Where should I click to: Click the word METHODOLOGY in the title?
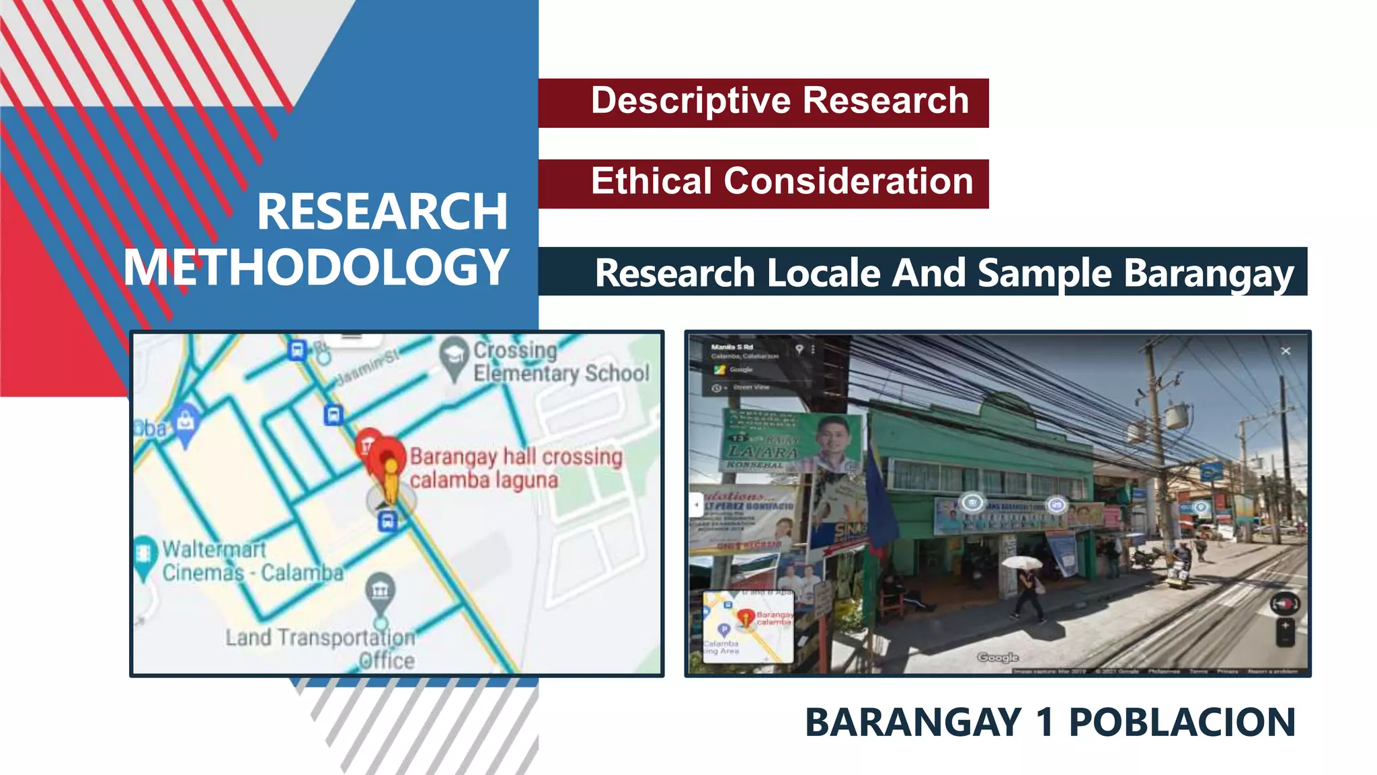[316, 268]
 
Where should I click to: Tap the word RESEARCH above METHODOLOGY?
[382, 212]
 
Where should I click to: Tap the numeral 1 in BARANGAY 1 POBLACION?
[1044, 723]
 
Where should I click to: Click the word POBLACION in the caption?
[1182, 723]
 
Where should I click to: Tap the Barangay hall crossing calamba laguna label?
[516, 468]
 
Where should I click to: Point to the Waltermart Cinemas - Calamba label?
[252, 560]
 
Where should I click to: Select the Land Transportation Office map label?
[321, 648]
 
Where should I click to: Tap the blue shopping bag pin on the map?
[186, 421]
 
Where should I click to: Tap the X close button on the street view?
[1286, 351]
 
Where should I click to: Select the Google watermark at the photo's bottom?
[998, 657]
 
